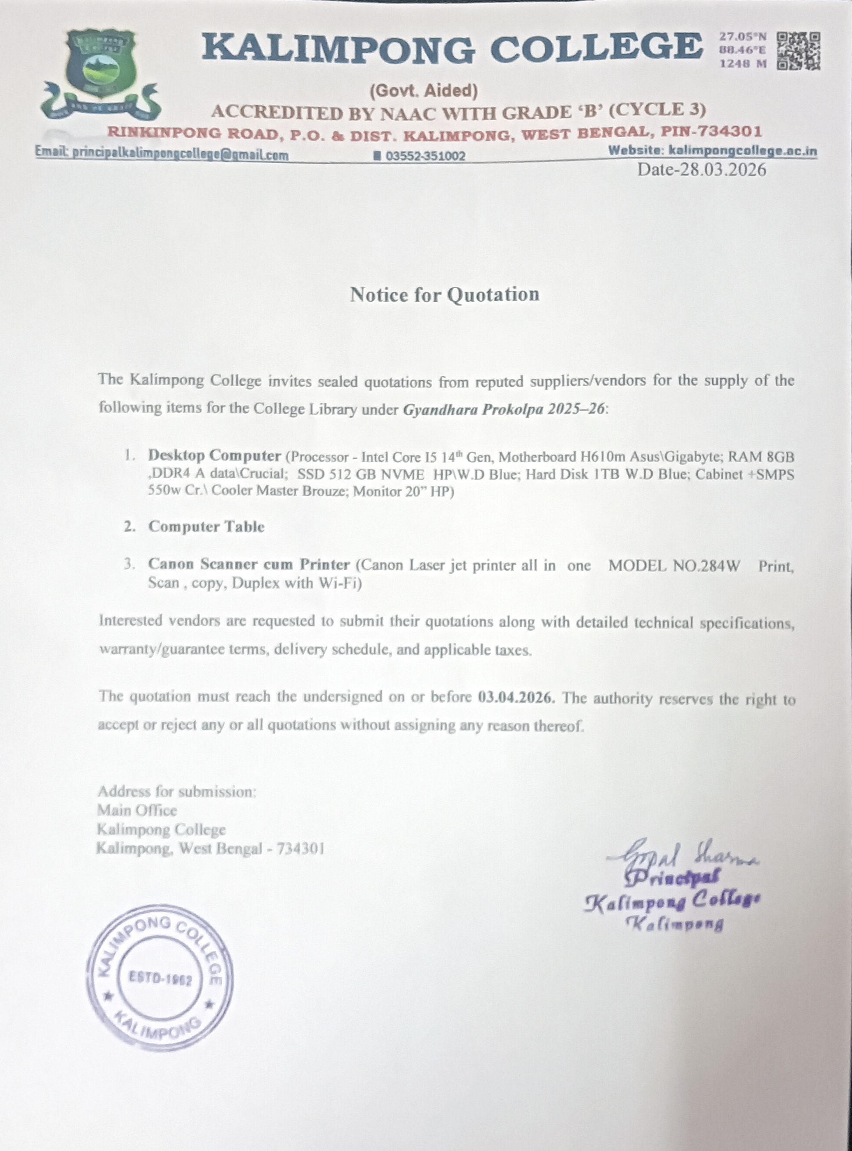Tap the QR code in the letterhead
(x=798, y=50)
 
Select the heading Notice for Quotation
(x=445, y=295)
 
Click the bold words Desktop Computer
(x=214, y=456)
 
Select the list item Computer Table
(x=206, y=527)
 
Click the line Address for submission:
(x=176, y=791)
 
